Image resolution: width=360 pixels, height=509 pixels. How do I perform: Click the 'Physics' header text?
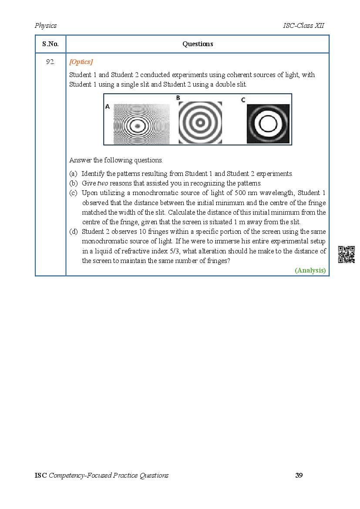tap(46, 26)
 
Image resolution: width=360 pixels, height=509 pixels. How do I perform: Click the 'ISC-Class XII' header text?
tap(303, 26)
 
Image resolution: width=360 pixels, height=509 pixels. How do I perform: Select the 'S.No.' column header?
tap(50, 44)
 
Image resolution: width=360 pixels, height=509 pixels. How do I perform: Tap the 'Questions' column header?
tap(198, 44)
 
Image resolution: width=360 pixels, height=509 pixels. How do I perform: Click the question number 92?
tap(50, 62)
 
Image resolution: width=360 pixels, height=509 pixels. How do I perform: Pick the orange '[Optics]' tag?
tap(81, 62)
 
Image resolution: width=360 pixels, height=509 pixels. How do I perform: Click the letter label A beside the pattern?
tap(108, 106)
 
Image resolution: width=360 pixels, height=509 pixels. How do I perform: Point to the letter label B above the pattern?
tap(178, 98)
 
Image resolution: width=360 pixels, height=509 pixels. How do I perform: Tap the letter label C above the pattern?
tap(243, 100)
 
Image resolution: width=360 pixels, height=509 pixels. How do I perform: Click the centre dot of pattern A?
tap(138, 125)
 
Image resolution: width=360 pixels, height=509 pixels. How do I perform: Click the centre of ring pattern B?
tap(200, 123)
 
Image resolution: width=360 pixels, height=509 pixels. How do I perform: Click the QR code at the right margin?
tap(347, 254)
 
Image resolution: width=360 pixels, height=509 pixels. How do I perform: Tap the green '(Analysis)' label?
tap(310, 270)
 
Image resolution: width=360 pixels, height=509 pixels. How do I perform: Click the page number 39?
tap(299, 475)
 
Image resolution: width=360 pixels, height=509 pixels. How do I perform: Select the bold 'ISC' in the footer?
tap(40, 475)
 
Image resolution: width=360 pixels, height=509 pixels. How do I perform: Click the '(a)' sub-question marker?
tap(73, 174)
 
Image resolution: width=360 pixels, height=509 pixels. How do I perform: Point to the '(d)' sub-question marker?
tap(73, 232)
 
